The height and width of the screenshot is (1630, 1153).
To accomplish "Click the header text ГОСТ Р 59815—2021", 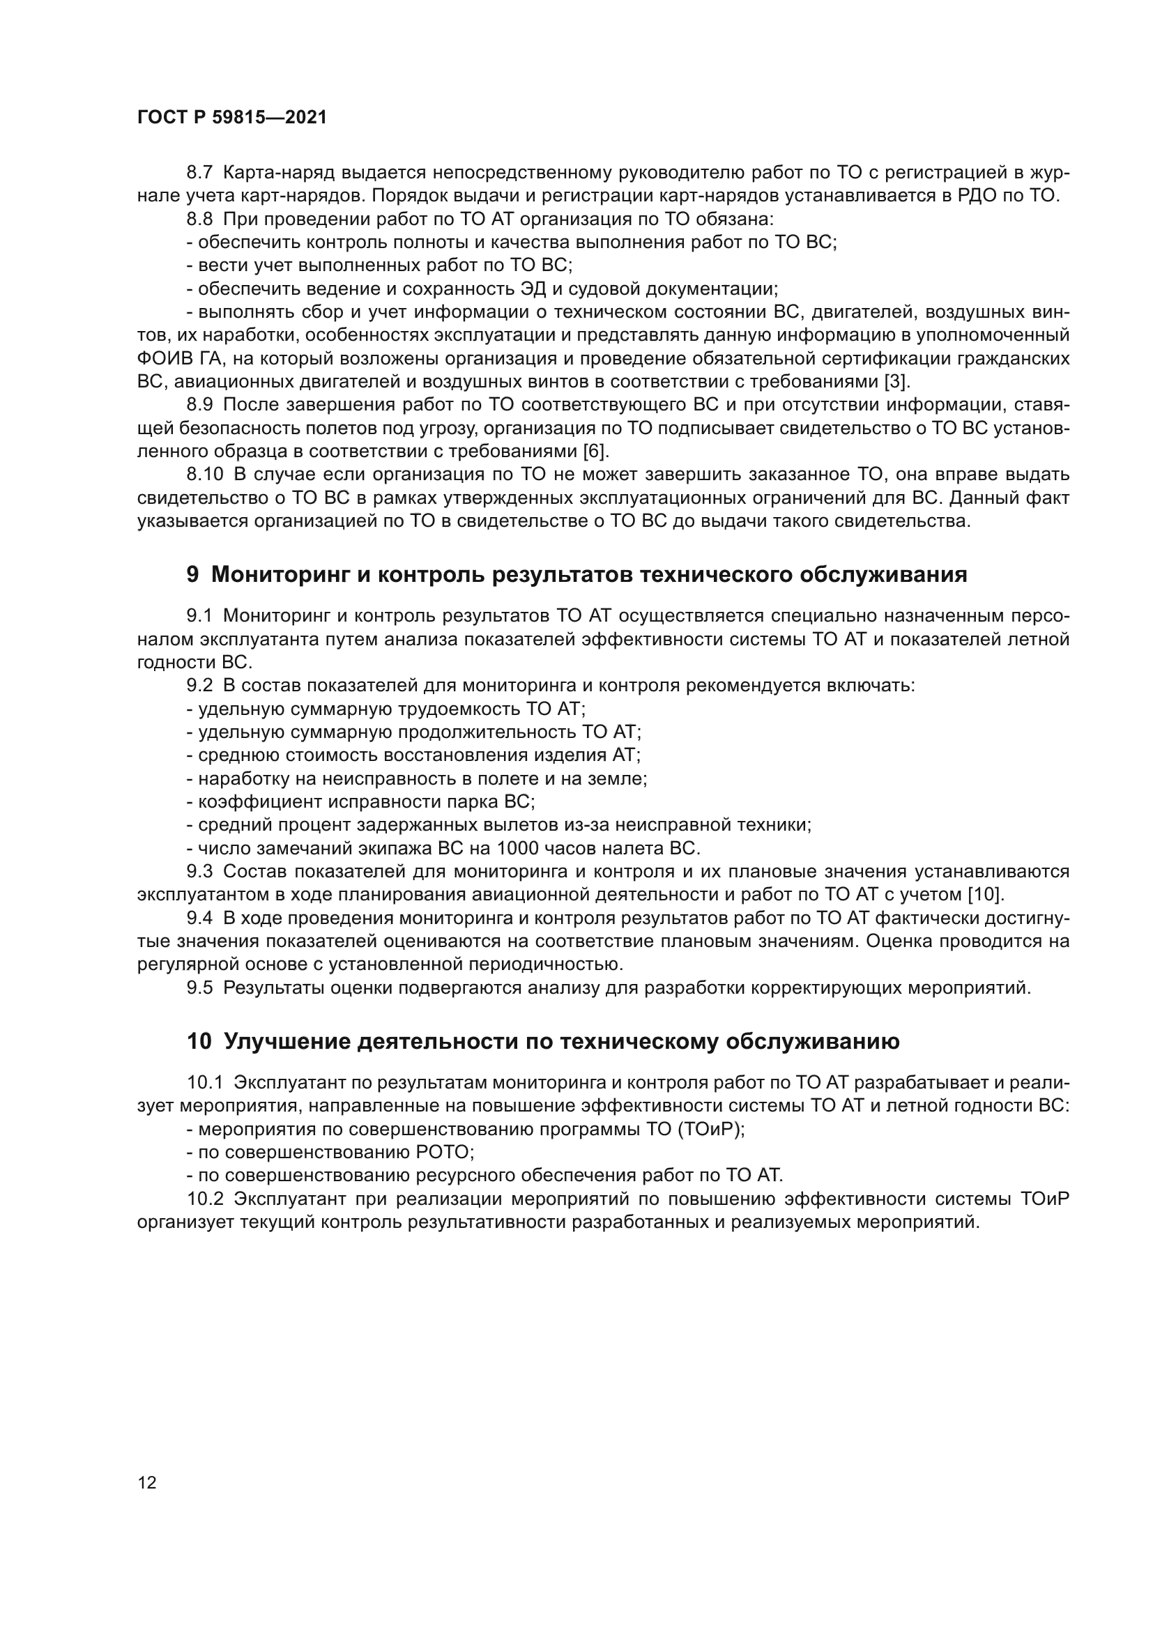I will (x=231, y=118).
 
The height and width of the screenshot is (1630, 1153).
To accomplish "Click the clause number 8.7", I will (x=199, y=173).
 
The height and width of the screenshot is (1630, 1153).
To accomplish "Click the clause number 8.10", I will (x=204, y=475).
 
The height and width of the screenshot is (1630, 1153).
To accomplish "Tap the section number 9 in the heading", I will (x=192, y=574).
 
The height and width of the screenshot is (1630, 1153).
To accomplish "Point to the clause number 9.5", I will (x=199, y=987).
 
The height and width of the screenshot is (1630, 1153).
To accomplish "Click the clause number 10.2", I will (x=204, y=1199).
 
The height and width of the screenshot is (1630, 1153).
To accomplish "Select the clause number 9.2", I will (x=199, y=686).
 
